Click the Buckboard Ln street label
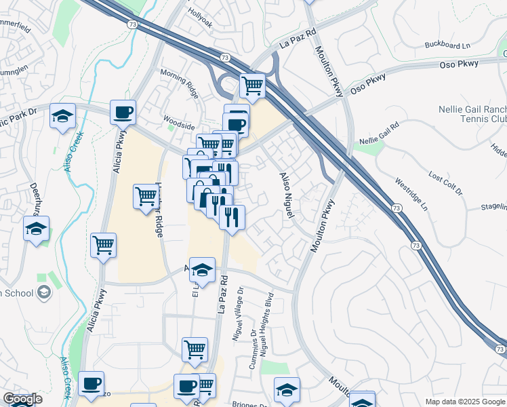pos(447,45)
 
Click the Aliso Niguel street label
pos(287,195)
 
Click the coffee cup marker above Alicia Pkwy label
pos(123,112)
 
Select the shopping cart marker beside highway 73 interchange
pos(252,85)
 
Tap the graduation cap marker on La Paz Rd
pos(202,270)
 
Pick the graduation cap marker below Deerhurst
pos(36,229)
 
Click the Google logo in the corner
pos(22,399)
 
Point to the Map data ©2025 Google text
pos(465,402)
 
